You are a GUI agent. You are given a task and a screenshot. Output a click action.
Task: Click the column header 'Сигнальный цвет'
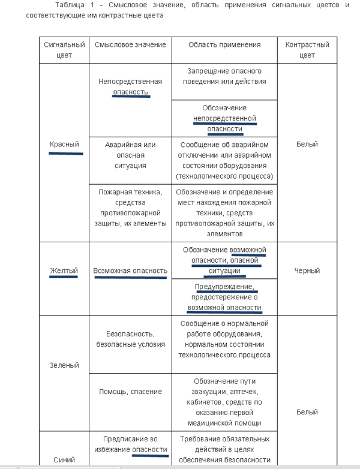tap(64, 50)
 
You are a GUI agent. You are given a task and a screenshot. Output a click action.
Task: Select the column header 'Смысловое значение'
tap(130, 45)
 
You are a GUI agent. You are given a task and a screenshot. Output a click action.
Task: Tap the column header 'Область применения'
tap(224, 45)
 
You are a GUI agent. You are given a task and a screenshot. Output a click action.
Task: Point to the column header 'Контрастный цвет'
tap(307, 50)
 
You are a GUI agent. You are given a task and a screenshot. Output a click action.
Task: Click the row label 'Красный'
tap(65, 145)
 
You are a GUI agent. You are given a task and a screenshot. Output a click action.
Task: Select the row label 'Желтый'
tap(64, 270)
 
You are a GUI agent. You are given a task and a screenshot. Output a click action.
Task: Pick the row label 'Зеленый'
tap(64, 365)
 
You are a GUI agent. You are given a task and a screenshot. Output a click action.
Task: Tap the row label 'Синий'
tap(64, 460)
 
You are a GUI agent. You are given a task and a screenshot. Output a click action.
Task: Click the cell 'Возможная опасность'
tap(130, 271)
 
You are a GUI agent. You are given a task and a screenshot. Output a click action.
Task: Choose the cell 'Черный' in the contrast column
tap(307, 270)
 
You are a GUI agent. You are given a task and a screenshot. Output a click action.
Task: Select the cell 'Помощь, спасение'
tap(130, 392)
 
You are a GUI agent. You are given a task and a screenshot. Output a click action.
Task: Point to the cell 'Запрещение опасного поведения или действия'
tap(224, 76)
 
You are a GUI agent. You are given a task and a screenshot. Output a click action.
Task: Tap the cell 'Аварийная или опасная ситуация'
tap(130, 155)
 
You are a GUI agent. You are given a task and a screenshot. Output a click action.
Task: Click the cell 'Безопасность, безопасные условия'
tap(130, 339)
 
